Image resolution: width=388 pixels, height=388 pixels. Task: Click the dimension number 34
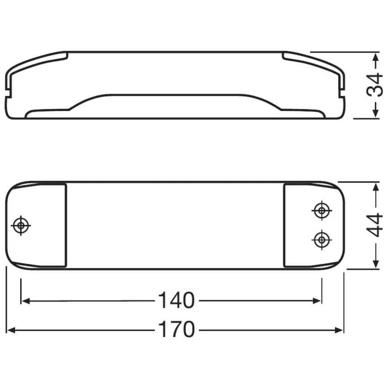pos(375,84)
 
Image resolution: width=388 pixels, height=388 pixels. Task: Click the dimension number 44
pos(375,225)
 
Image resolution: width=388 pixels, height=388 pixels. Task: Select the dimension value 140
pos(176,300)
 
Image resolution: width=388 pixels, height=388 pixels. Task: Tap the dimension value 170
pos(176,330)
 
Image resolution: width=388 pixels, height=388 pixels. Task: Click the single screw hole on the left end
pos(21,225)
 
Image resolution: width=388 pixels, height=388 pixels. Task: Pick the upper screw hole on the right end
pos(321,210)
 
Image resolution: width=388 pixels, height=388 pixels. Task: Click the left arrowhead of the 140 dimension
pos(26,300)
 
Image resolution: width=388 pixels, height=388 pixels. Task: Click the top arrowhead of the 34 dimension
pos(375,56)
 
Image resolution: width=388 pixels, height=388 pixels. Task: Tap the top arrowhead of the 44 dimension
pos(375,187)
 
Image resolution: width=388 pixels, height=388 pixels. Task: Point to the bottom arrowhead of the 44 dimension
pos(375,264)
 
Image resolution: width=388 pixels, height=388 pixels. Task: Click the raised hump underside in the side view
pos(176,103)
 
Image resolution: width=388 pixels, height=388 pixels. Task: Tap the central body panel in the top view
pos(176,225)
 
